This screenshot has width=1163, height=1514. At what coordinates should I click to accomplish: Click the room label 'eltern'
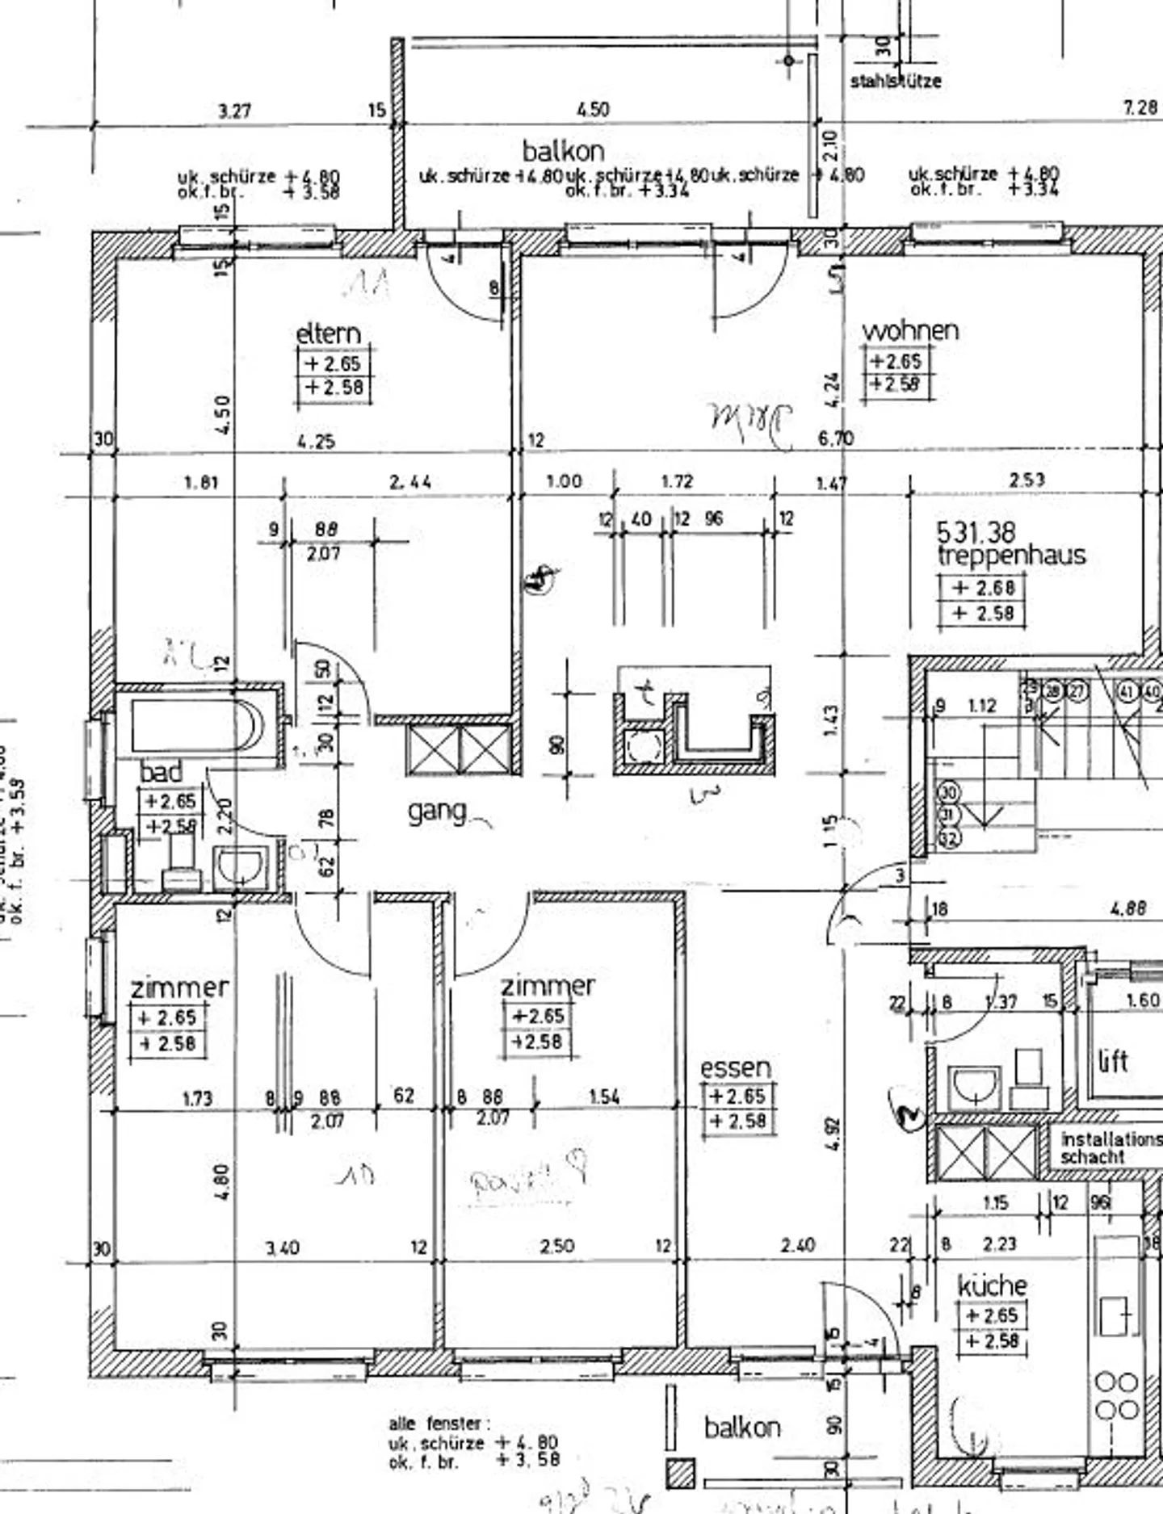click(328, 333)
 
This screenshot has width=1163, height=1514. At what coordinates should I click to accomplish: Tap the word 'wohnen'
click(910, 330)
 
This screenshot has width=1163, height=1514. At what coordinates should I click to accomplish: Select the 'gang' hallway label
click(437, 811)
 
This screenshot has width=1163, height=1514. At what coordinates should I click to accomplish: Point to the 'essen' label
click(735, 1068)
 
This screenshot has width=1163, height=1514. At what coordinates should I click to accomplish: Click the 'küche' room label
click(992, 1285)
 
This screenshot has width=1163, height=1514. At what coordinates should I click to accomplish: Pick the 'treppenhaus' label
click(1011, 555)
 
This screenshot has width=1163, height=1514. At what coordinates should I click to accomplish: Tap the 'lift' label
click(1114, 1061)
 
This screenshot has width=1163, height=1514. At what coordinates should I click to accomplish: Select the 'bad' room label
click(162, 772)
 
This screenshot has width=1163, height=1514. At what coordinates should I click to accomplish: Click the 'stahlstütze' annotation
click(896, 81)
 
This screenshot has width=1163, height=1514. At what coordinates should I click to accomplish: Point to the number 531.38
click(976, 532)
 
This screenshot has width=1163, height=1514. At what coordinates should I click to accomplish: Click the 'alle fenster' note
click(435, 1424)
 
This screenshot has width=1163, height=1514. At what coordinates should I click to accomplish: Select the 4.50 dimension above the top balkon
click(594, 109)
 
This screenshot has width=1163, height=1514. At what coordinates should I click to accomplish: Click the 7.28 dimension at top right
click(1140, 107)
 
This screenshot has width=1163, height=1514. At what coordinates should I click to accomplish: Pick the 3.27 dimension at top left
click(234, 111)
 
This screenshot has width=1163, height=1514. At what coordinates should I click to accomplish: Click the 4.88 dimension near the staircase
click(1128, 908)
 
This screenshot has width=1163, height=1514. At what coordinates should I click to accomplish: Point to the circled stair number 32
click(948, 839)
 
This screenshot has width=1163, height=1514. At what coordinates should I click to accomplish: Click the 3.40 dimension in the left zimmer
click(283, 1248)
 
